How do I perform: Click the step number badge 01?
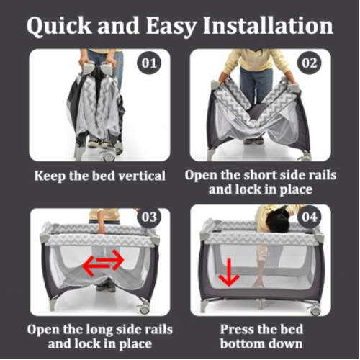click(x=149, y=63)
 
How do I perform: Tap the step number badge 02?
click(x=310, y=63)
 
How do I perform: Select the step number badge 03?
click(x=149, y=217)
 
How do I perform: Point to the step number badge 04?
click(x=310, y=217)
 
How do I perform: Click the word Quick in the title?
click(x=59, y=26)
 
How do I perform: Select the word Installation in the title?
click(x=268, y=26)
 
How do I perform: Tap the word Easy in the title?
click(x=171, y=27)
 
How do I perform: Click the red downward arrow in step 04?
click(x=229, y=272)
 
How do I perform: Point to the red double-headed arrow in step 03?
click(x=103, y=263)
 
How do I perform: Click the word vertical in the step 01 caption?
click(x=142, y=176)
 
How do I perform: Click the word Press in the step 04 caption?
click(x=238, y=329)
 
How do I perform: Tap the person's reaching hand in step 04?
click(x=258, y=282)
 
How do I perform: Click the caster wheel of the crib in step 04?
click(x=315, y=310)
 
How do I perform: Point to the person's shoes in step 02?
click(x=253, y=141)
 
